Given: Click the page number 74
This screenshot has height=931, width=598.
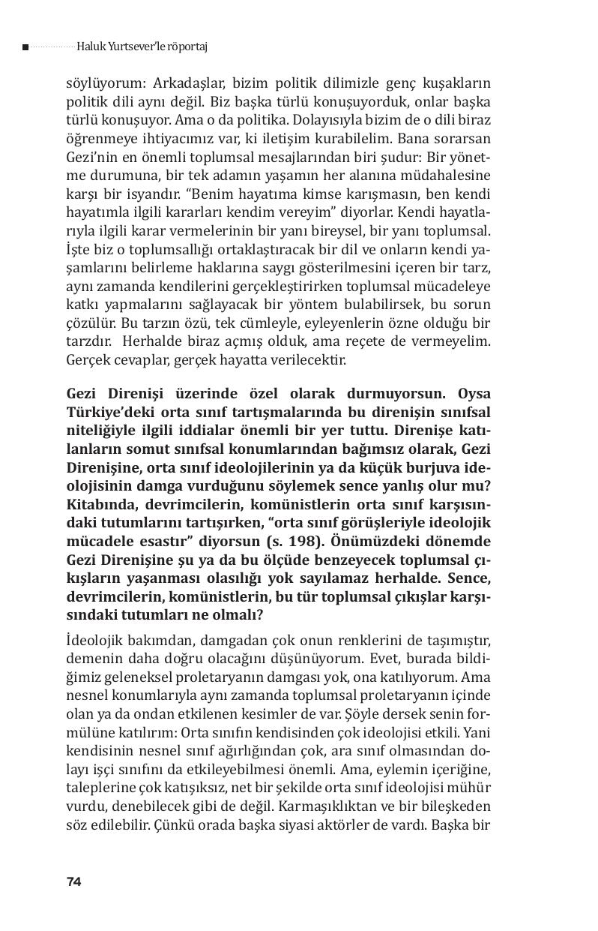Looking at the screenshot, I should (x=73, y=881).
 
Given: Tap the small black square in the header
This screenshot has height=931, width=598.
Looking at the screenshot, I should (x=25, y=47).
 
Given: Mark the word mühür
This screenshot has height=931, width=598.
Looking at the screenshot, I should (x=471, y=785).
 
